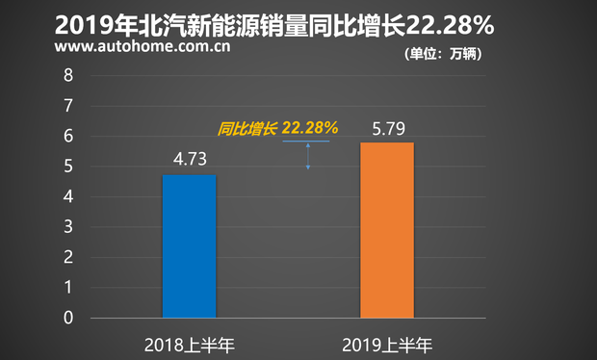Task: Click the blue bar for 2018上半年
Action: point(189,246)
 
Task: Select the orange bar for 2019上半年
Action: point(387,230)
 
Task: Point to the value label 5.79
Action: point(387,126)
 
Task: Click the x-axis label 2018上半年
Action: point(189,344)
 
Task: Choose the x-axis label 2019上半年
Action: point(387,344)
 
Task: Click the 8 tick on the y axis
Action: point(66,75)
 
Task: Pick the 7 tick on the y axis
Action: point(66,106)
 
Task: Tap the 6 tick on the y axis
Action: point(66,137)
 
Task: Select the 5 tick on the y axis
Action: point(66,167)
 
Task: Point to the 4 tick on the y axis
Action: point(66,197)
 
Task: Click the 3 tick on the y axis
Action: point(66,227)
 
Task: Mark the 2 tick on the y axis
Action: point(66,258)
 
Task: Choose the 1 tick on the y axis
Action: point(66,288)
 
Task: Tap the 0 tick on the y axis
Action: point(66,318)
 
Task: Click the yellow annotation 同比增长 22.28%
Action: point(277,127)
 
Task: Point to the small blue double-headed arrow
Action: point(308,155)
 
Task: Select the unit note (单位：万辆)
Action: point(443,54)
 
